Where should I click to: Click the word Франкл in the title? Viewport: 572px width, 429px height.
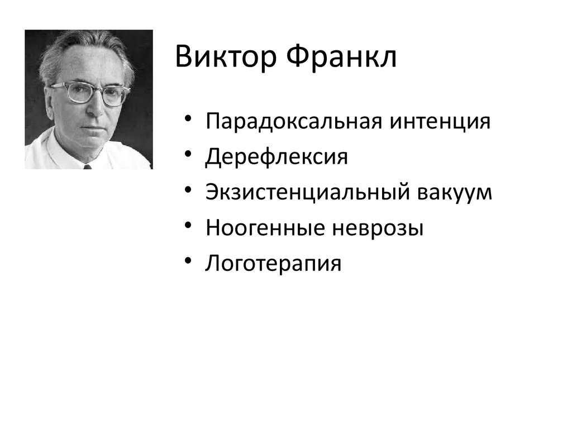click(341, 57)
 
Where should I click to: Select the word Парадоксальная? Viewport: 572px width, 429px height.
click(294, 122)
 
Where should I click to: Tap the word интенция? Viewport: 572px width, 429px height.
click(440, 122)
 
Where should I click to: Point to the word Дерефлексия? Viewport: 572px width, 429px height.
click(277, 157)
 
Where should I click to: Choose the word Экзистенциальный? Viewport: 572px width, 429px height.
click(308, 192)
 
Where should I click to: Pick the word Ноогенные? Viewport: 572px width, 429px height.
click(265, 228)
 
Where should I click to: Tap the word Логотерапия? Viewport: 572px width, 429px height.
click(273, 264)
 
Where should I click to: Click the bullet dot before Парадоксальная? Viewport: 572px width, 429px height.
click(188, 118)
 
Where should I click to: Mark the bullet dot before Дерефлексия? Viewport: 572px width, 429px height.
click(188, 154)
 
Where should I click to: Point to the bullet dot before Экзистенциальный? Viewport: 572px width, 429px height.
click(188, 189)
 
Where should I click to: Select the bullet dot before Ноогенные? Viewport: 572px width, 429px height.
click(188, 225)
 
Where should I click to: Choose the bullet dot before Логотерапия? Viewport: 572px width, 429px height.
click(188, 260)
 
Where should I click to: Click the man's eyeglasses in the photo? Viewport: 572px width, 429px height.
click(91, 93)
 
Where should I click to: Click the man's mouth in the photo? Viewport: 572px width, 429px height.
click(93, 128)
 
